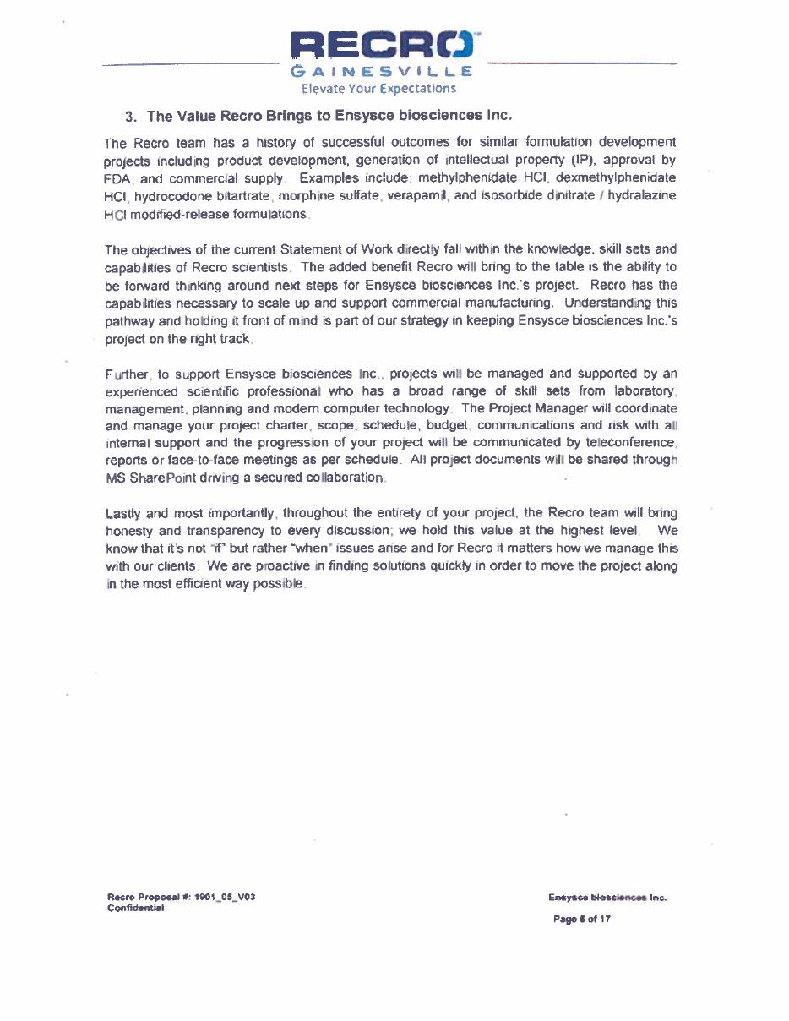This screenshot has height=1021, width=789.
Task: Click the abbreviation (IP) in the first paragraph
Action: click(573, 160)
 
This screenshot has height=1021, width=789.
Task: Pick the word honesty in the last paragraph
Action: click(128, 531)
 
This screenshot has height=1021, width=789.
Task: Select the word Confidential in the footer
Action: click(135, 908)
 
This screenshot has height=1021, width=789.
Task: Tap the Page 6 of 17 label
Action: click(581, 919)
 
